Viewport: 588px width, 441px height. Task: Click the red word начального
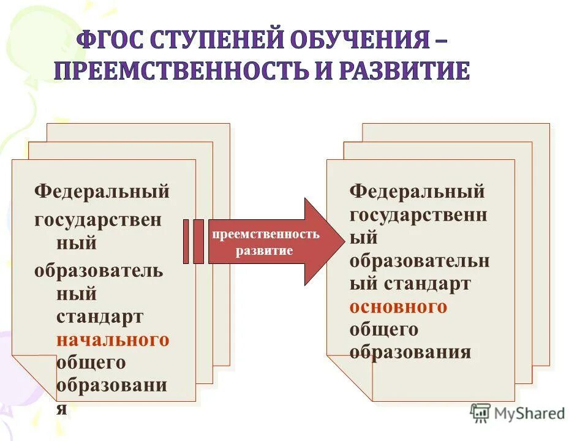tap(113, 339)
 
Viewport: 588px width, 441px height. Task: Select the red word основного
tap(398, 306)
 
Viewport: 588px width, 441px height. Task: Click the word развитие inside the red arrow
tap(265, 251)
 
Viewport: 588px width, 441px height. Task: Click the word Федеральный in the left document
tap(101, 191)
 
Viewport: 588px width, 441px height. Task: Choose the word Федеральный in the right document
tap(417, 191)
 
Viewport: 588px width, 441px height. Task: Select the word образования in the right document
tap(410, 353)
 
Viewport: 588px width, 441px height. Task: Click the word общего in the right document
tap(383, 330)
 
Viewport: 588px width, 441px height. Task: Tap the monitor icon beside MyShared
tap(481, 412)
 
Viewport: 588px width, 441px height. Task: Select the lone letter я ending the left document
tap(61, 409)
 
